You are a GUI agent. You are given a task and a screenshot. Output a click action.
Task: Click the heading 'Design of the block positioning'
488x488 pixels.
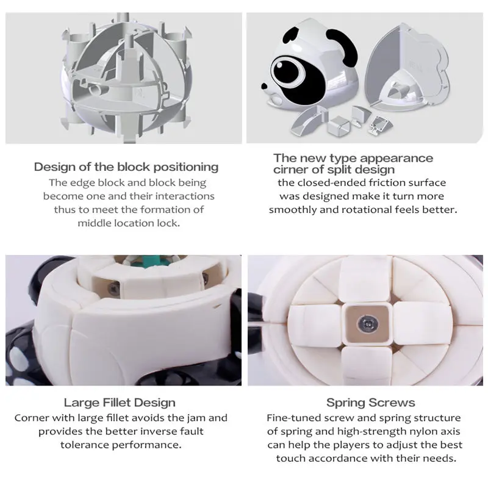point(126,167)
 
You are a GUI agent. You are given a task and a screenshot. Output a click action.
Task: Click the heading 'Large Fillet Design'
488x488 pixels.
point(120,403)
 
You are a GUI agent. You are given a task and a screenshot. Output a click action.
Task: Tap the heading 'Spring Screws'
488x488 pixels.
point(371,403)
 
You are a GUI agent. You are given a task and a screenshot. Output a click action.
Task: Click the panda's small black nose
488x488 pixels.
point(264,86)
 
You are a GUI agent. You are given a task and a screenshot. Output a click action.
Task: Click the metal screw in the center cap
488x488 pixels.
point(368,325)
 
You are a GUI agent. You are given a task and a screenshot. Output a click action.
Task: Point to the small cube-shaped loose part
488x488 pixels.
point(339,125)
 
